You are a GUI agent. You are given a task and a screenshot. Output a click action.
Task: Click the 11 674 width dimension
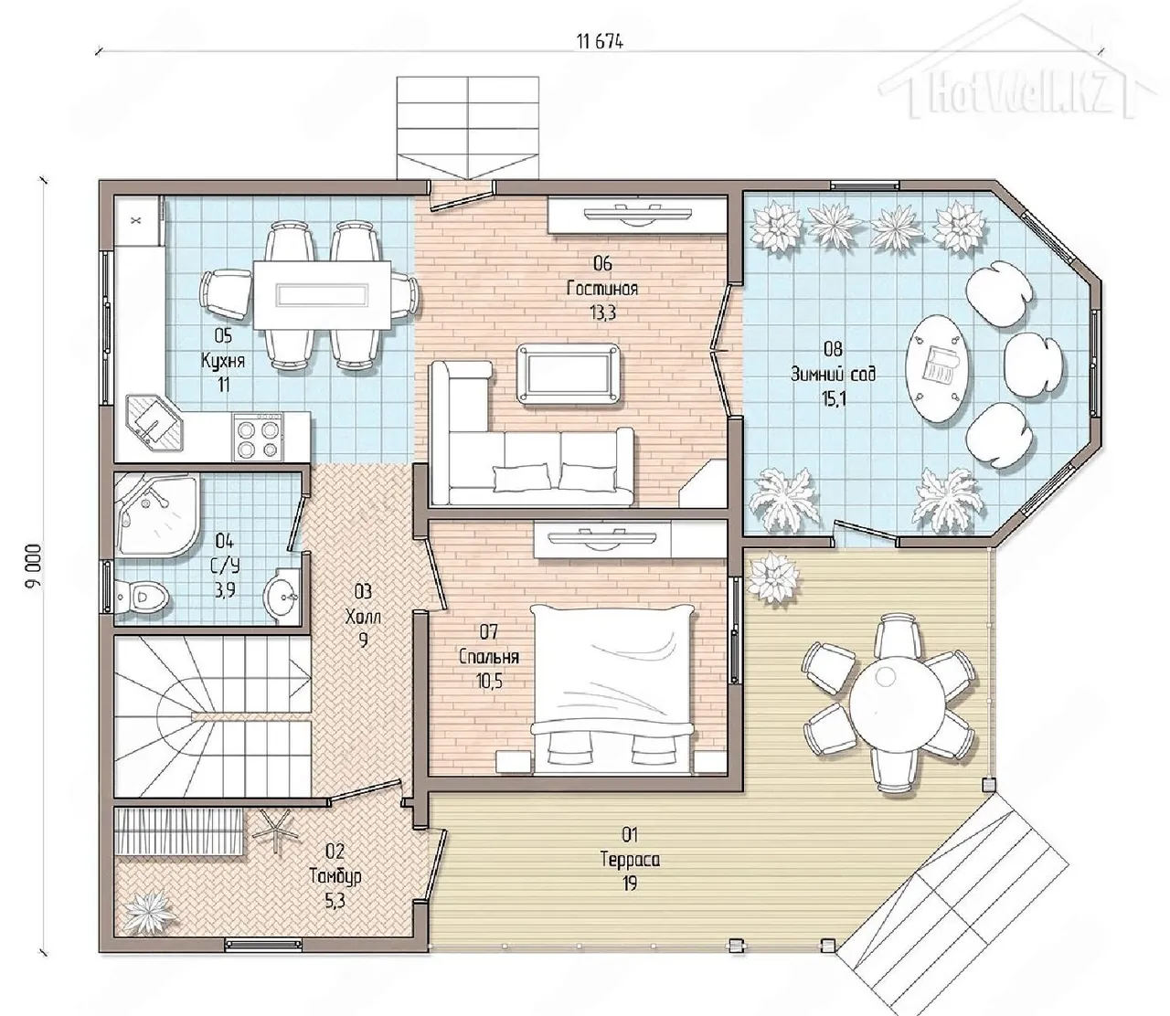coord(599,42)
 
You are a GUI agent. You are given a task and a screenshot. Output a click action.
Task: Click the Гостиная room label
coord(602,289)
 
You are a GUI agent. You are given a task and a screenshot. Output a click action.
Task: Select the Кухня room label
coord(223,361)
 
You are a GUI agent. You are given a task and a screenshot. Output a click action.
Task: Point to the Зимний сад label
coord(833,375)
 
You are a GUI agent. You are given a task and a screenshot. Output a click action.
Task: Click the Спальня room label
coord(489,657)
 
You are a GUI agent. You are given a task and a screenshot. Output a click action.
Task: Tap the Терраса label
coord(630,860)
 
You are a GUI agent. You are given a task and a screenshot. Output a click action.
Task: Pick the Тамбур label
coord(335,876)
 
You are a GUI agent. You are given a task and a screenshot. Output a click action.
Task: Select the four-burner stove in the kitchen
coord(258,437)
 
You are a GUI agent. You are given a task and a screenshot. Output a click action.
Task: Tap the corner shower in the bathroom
coord(158,515)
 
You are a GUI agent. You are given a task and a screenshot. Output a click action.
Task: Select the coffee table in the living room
coord(569,373)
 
